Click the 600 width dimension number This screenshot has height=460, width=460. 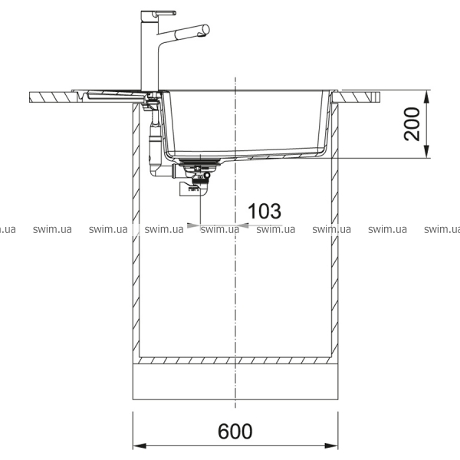tap(235, 431)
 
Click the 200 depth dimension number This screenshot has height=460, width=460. tap(412, 124)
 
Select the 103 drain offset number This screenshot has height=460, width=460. tap(264, 211)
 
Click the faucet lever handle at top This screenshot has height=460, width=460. tap(165, 13)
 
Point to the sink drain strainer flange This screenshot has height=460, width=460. tap(199, 161)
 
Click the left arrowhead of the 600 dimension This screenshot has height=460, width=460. tap(140, 446)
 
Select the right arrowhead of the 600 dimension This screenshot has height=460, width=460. tap(331, 446)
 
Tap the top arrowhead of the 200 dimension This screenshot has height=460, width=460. tap(427, 97)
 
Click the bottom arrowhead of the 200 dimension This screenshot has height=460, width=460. tap(427, 152)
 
